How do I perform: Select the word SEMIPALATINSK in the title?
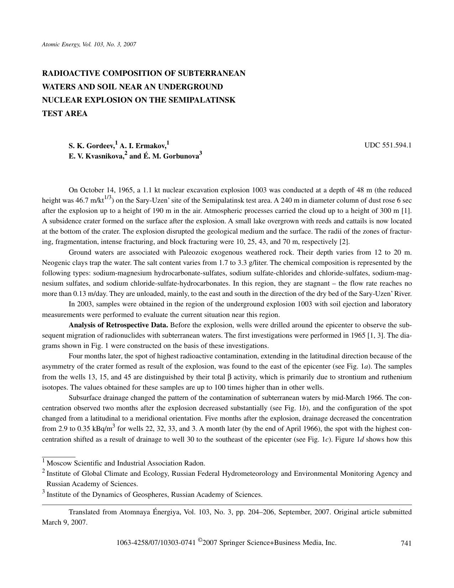tap(205, 100)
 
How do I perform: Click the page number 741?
tap(406, 543)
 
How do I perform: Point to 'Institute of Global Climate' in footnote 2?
tap(88, 474)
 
